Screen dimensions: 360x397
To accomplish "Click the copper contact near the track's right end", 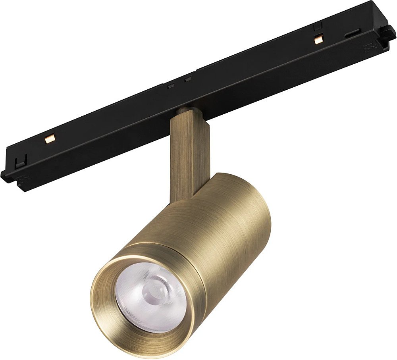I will pos(317,39).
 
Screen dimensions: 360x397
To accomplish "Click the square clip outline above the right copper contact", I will pos(316,28).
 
